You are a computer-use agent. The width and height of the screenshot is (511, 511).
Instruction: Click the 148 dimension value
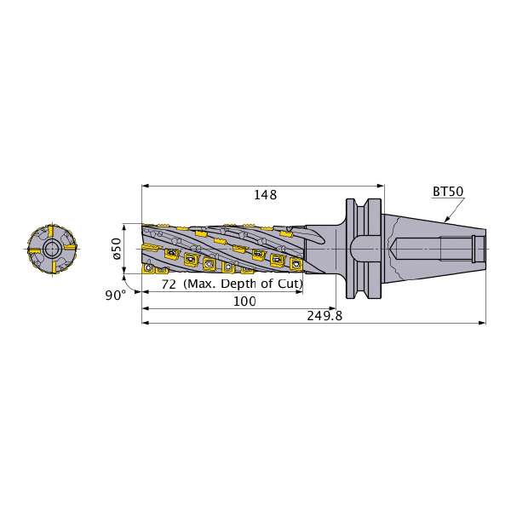[265, 195]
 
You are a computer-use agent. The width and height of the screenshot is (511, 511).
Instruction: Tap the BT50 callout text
[448, 192]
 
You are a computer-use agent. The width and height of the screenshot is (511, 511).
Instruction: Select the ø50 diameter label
[117, 249]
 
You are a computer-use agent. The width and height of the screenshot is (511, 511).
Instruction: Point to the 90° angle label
[115, 296]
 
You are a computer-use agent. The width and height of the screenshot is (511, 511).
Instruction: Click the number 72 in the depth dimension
[169, 284]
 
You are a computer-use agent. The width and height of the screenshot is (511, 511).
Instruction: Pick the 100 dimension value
[244, 301]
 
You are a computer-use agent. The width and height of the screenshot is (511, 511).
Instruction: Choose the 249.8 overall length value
[324, 316]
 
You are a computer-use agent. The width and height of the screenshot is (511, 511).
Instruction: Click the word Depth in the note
[238, 284]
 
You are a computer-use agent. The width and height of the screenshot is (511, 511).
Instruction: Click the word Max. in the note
[200, 284]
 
